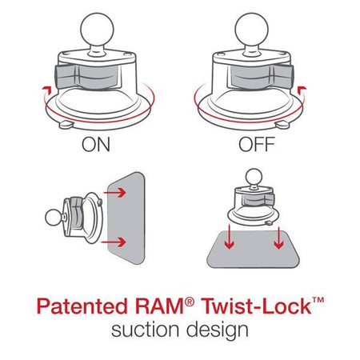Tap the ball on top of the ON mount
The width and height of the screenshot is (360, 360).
coord(97,23)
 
